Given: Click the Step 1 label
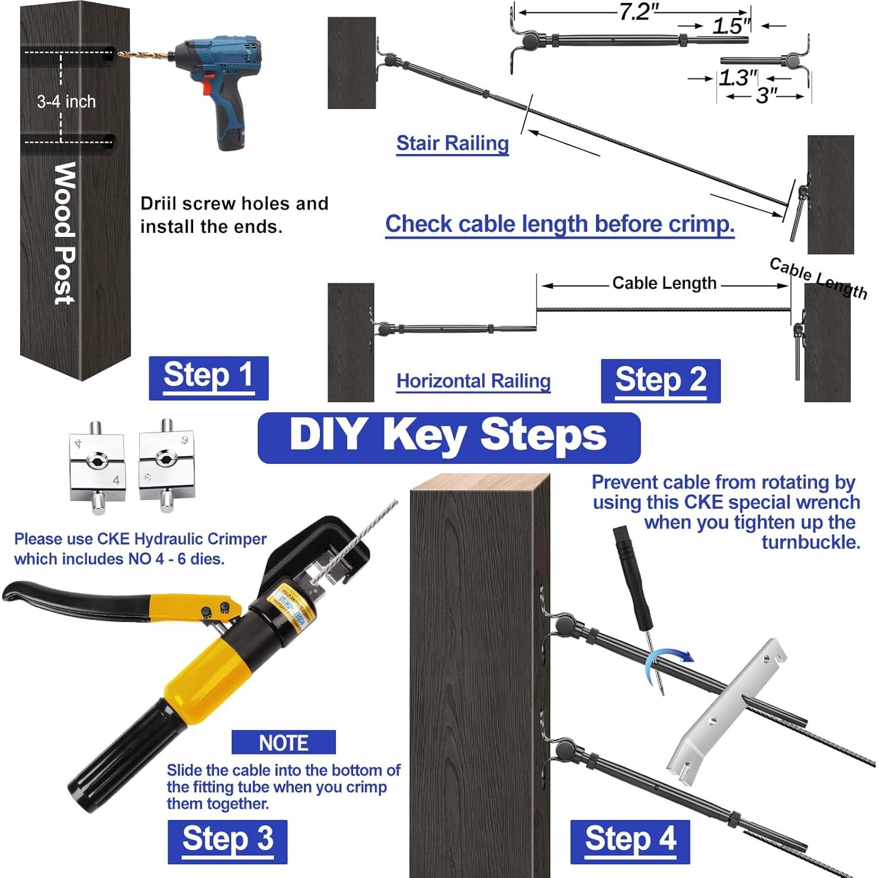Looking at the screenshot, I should click(209, 377).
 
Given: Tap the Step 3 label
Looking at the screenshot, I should click(227, 841).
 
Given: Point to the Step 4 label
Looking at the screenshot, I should click(630, 841).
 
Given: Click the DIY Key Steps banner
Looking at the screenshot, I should click(448, 437).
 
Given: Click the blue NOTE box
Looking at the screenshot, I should click(283, 742).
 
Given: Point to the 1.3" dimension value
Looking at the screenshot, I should click(738, 78).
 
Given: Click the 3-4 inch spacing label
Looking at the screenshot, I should click(66, 102).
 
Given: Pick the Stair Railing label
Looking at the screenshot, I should click(452, 143).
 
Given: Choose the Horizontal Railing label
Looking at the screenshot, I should click(473, 381).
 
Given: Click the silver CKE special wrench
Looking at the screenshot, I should click(726, 714).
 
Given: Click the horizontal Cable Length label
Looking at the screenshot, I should click(664, 283).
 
